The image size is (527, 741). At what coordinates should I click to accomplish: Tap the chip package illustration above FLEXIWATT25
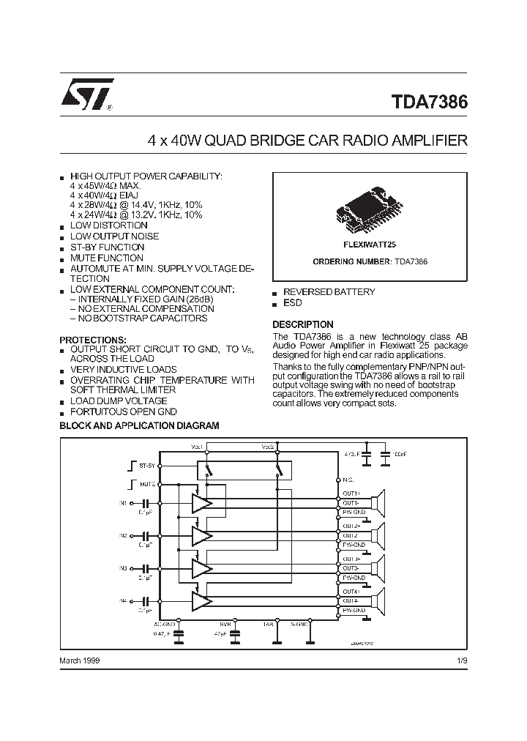[369, 206]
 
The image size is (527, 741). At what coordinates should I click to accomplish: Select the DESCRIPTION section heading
[302, 324]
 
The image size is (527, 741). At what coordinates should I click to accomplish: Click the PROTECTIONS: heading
[92, 340]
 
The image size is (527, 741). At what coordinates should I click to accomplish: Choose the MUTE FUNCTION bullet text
[106, 258]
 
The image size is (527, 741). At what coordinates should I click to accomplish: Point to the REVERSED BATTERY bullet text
[329, 292]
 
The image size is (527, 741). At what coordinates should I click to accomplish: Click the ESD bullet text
[292, 303]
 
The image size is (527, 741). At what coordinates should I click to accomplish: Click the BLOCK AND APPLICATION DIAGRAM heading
[139, 425]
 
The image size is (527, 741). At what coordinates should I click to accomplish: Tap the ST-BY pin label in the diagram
[146, 466]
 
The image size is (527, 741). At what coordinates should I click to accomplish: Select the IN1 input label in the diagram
[123, 503]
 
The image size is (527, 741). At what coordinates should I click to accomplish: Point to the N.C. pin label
[348, 480]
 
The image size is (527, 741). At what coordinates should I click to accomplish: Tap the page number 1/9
[460, 660]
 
